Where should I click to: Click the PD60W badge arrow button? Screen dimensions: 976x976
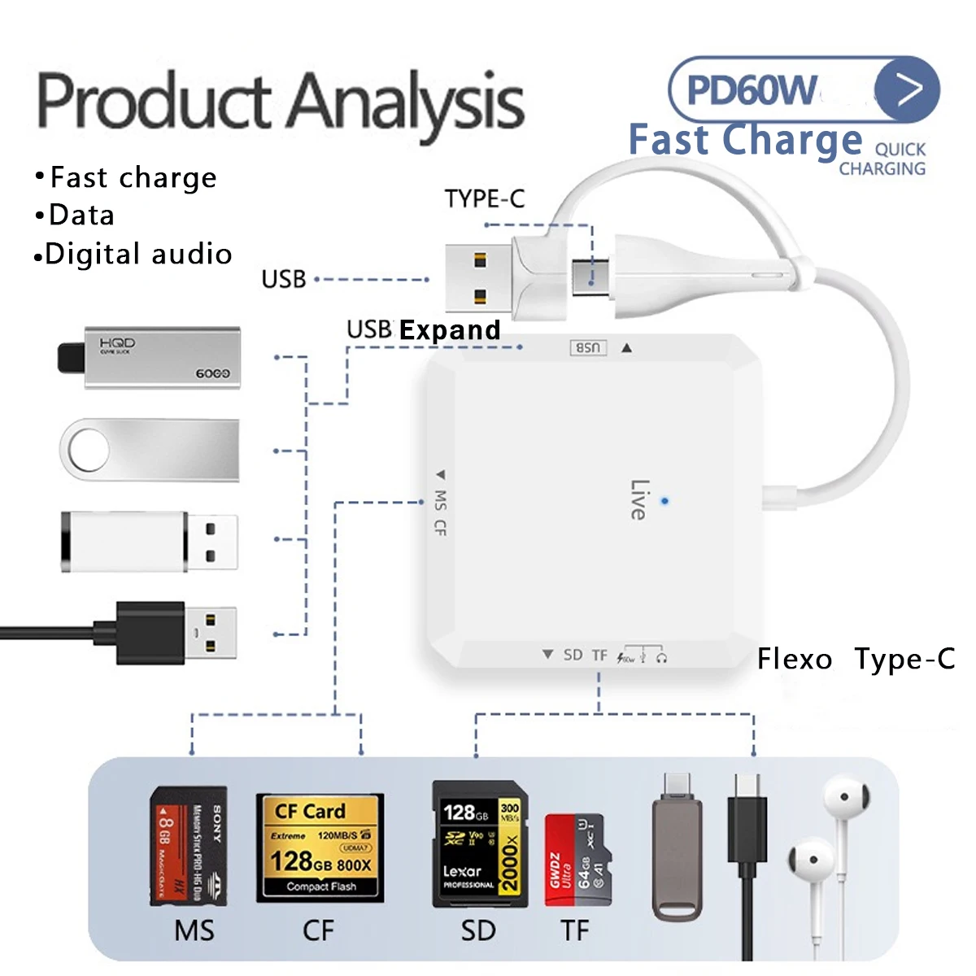[907, 89]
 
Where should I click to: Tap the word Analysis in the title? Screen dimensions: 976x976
[407, 102]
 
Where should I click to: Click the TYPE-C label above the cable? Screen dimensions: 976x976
[484, 198]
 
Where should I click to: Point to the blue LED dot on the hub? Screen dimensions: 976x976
[664, 501]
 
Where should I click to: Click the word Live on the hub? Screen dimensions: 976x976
[638, 499]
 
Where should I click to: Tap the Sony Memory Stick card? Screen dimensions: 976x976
[189, 846]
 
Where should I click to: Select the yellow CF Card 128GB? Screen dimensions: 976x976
[320, 848]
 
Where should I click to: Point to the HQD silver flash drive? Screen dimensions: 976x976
[150, 358]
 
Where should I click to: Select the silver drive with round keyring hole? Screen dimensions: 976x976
[150, 450]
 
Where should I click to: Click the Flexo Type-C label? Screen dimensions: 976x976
[856, 659]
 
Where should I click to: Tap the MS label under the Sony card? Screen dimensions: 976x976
[194, 930]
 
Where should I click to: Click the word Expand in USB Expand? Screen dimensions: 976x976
[450, 330]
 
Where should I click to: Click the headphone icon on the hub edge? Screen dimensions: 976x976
[662, 657]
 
